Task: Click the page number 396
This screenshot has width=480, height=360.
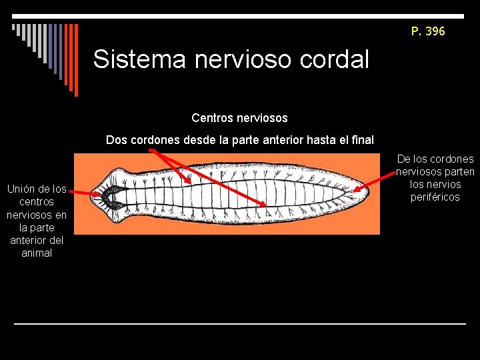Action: click(435, 31)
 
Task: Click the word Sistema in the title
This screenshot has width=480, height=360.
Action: click(140, 59)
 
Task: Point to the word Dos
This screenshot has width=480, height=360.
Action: click(116, 141)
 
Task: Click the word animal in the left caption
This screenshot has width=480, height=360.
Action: click(37, 253)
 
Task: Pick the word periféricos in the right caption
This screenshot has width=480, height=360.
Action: click(435, 197)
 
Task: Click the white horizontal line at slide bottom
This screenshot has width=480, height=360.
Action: click(240, 324)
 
